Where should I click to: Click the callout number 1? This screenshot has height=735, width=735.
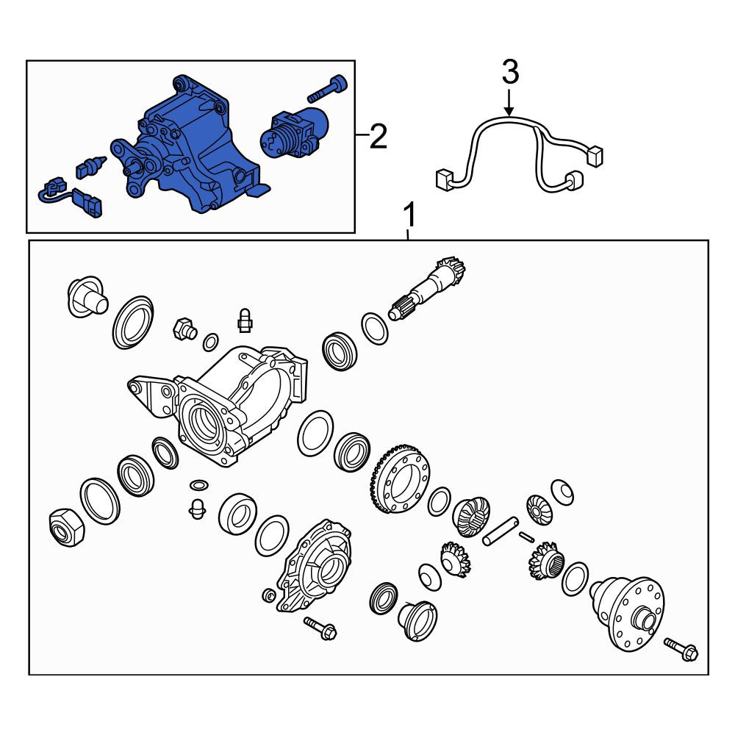coord(409,215)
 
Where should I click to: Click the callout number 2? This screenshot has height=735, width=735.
coord(379,136)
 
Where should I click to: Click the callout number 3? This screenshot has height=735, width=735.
coord(510,72)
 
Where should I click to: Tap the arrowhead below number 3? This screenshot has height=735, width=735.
coord(509,111)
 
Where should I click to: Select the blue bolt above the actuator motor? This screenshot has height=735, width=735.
coord(327,89)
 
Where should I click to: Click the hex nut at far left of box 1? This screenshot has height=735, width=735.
coord(67,528)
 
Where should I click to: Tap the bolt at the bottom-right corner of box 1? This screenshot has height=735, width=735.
coord(681,649)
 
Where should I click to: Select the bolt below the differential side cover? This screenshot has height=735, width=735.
coord(320,628)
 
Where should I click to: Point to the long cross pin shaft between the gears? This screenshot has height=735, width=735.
coord(501,531)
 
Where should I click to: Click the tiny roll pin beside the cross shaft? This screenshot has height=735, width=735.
coord(526,537)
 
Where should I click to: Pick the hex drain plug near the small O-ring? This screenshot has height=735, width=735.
coord(185,328)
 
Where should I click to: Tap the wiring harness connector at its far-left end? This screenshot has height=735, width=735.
coord(443,180)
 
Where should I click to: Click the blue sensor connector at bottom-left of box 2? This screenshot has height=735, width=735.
coord(72,197)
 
